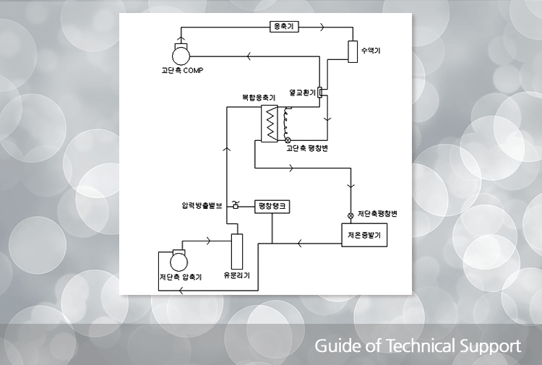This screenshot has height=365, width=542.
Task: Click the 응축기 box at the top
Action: coord(283,27)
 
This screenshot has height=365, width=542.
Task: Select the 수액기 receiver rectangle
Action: coord(353,52)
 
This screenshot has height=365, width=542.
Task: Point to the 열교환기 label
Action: coord(302,93)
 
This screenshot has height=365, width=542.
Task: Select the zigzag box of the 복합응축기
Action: coord(270,124)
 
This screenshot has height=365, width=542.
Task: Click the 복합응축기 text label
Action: coord(258,98)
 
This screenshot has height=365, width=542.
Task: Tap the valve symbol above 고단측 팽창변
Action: coord(288,139)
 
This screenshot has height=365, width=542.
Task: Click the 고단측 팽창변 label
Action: coord(308,149)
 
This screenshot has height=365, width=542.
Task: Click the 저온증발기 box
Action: coord(364,235)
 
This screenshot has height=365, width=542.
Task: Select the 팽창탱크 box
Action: coord(272,207)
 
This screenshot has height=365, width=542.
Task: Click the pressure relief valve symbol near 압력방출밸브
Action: coord(236,206)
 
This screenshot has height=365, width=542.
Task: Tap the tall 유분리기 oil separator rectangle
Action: coord(236,250)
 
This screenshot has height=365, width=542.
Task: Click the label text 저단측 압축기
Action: coord(179,277)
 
